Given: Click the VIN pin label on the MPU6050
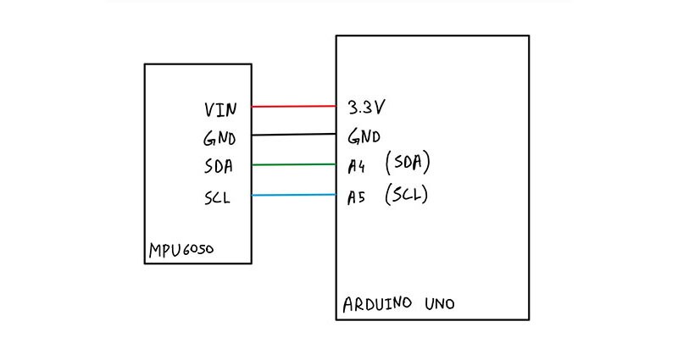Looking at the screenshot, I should coord(221,109).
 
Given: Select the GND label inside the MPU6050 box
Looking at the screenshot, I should coord(220,137).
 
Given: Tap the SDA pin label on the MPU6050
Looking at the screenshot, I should coord(220,165).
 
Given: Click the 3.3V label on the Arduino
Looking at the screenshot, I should coord(368,108).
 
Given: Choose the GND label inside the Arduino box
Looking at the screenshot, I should coord(364,136).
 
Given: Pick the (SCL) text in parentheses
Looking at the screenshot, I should coord(406,195).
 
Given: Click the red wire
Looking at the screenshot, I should coord(294,107).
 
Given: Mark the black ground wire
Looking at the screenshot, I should coord(294,135).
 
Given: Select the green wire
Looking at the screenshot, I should coord(294,164).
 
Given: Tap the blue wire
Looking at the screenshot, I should coord(294,196).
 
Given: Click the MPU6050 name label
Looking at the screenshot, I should coord(181,252).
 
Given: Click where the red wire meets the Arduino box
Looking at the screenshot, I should coord(336,107).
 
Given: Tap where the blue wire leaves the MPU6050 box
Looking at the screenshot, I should coord(252,196).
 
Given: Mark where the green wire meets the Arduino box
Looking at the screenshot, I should coord(336,164).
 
